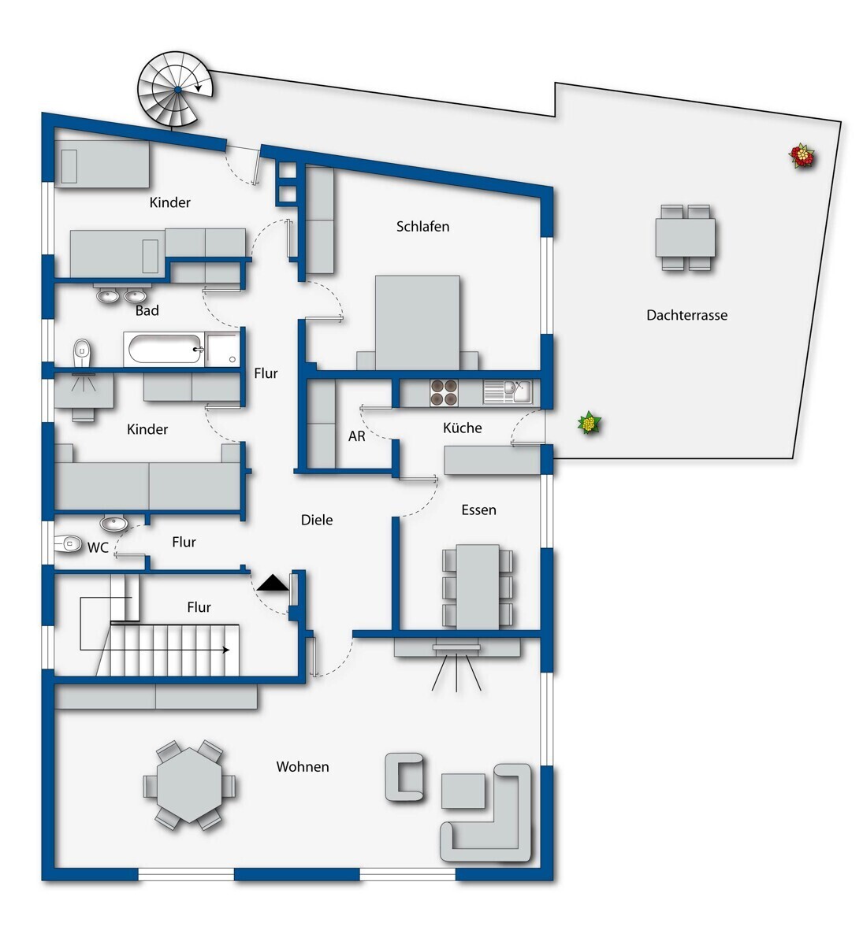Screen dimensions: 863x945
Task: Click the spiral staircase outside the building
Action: point(176,90)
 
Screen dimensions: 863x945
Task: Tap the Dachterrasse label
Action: point(686,315)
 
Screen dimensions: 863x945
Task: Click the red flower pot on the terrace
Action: point(802,156)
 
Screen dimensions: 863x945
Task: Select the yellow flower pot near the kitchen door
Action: point(590,423)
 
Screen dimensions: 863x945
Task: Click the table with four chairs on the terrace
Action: point(685,237)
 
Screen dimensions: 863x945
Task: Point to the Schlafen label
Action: point(422,227)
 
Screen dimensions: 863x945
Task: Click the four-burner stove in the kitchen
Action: point(444,393)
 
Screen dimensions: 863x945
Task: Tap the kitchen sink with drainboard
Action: point(508,392)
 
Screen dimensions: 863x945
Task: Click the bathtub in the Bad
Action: point(164,349)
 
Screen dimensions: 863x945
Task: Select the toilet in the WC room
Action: point(69,544)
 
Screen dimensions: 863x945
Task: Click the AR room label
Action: point(357,436)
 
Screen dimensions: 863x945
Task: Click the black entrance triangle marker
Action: point(273,584)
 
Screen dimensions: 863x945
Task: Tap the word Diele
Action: point(317,520)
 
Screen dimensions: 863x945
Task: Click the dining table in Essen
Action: point(478,587)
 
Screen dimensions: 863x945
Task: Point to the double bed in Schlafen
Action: point(418,323)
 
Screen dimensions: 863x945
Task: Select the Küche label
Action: point(462,428)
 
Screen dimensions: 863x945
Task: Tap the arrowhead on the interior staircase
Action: point(226,650)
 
